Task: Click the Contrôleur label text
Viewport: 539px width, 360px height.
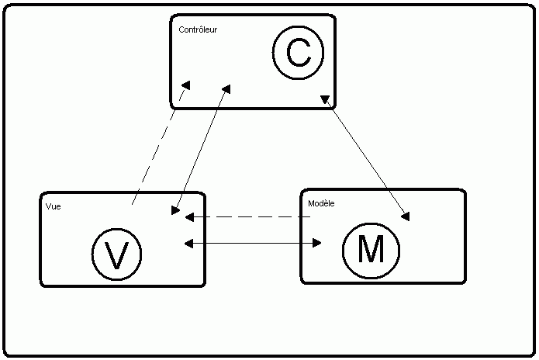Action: (198, 30)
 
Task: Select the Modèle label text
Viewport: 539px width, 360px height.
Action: (321, 203)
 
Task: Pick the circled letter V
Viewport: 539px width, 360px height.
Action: (116, 255)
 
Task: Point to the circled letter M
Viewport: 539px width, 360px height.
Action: (370, 250)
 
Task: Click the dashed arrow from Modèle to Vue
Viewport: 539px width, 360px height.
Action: (248, 217)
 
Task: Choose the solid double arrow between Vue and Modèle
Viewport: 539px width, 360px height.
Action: (253, 244)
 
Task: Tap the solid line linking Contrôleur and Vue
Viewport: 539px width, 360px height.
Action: (201, 148)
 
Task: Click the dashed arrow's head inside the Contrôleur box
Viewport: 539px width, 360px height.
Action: (185, 85)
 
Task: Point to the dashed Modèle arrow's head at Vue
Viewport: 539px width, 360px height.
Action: (189, 217)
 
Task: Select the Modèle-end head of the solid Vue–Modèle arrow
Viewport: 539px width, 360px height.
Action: (316, 244)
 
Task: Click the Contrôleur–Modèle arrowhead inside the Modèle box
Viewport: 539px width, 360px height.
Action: (405, 216)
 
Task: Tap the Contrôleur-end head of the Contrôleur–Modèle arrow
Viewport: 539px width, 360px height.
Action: (326, 100)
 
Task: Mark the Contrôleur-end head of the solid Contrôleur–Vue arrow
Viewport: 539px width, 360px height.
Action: (226, 88)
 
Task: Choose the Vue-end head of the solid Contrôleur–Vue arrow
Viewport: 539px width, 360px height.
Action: (176, 209)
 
